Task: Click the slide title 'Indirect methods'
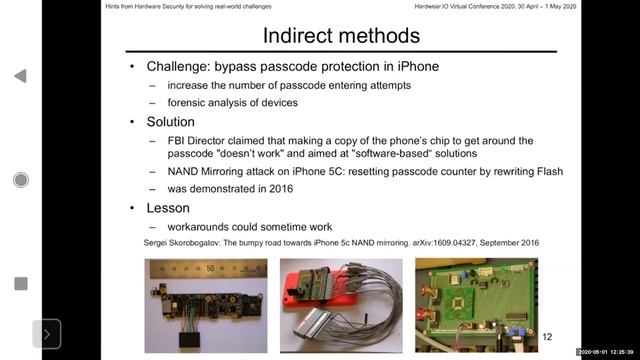340,37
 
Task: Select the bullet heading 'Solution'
171,122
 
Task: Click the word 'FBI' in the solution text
180,140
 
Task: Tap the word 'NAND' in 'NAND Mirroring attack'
187,172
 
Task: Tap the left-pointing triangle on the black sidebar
21,76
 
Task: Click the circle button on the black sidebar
21,180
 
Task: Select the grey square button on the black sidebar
21,284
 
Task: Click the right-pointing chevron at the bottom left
46,334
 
